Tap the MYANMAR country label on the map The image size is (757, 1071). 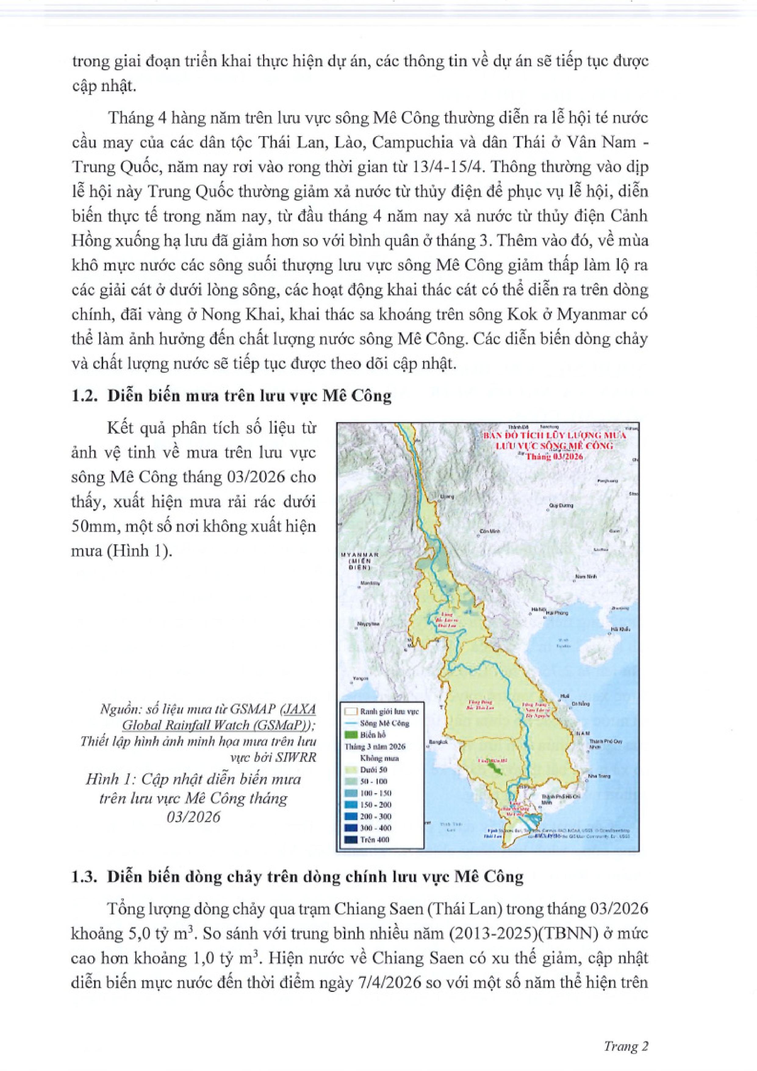click(x=360, y=555)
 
